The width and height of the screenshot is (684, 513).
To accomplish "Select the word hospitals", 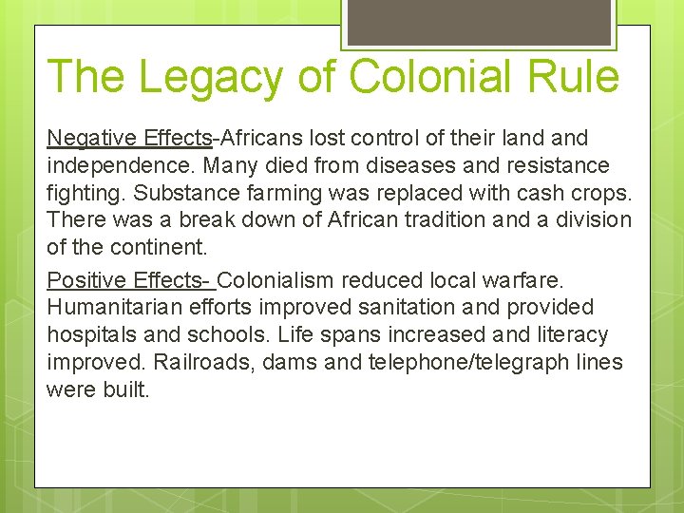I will coord(92,335).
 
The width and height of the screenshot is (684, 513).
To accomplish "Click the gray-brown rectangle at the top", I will coord(479,21).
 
